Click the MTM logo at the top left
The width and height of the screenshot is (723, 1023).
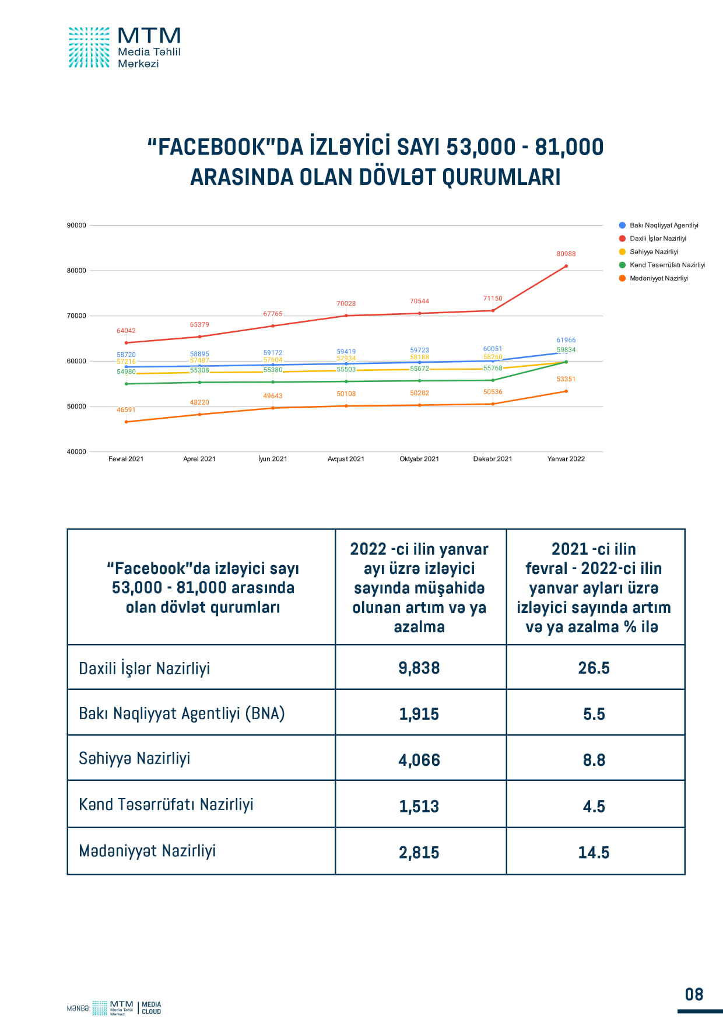tap(124, 47)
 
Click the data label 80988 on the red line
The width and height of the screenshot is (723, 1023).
tap(566, 254)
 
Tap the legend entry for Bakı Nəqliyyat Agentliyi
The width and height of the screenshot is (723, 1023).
tap(664, 225)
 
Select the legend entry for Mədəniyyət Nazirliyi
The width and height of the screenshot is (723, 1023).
tap(658, 278)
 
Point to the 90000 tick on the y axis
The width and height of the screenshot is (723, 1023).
tap(76, 225)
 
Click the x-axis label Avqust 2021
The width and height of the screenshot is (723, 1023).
tap(346, 459)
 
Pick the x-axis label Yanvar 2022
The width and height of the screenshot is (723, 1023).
tap(566, 459)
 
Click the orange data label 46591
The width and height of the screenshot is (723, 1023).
tap(126, 410)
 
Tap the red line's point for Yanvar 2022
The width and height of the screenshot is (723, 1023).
tap(566, 267)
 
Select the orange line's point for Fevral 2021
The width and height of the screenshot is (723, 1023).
tap(126, 422)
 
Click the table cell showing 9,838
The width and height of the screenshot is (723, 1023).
tap(419, 668)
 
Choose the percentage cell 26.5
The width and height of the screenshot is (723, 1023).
tap(594, 668)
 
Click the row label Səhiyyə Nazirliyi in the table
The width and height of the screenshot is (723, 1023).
tap(135, 758)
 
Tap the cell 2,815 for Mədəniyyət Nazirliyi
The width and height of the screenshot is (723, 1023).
tap(419, 852)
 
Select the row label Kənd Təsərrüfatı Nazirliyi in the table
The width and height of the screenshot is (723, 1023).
tap(166, 804)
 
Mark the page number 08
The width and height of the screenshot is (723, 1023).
tap(694, 994)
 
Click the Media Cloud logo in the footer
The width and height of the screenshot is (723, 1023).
tap(151, 1008)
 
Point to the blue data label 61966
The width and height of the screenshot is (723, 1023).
tap(566, 340)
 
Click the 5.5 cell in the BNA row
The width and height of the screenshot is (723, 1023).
tap(594, 714)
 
